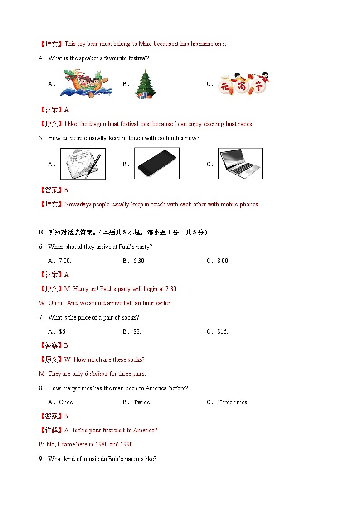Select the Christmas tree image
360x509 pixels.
145,84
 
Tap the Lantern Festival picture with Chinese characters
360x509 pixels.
243,84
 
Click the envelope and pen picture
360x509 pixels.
83,164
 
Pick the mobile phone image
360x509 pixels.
157,164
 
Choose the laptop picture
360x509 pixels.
240,164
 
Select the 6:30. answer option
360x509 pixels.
139,261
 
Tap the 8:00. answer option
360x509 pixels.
224,261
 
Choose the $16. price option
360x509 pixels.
222,331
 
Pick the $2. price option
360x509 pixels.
137,331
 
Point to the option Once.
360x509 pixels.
66,402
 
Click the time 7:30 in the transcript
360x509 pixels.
170,289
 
